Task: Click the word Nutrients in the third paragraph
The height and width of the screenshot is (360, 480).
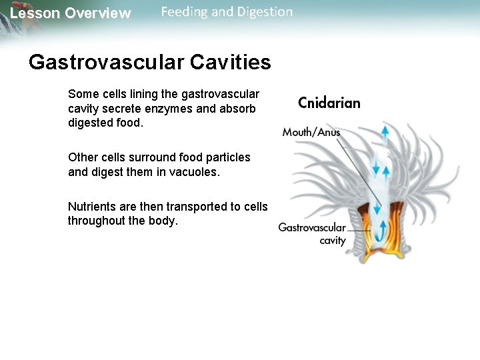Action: tap(91, 206)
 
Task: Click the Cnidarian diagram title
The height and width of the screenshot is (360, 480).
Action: tap(329, 103)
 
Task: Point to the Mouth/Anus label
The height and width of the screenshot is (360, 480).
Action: tap(311, 132)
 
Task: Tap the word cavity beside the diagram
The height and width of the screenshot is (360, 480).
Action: tap(332, 241)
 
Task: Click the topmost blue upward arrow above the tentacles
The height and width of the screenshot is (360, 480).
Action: tap(385, 133)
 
